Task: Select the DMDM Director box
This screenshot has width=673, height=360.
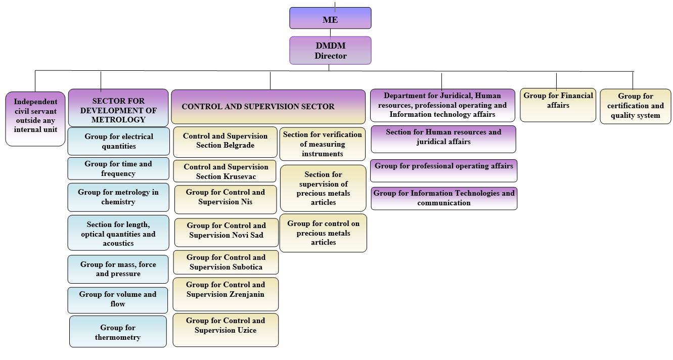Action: (330, 51)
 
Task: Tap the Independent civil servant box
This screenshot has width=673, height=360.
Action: (35, 119)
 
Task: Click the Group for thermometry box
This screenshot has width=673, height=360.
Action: (118, 332)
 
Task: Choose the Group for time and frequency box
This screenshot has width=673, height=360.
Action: (118, 168)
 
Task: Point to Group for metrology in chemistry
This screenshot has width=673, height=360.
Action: (118, 197)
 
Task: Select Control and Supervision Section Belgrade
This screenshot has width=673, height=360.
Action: (225, 141)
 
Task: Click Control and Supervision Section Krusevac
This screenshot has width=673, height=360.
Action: (226, 171)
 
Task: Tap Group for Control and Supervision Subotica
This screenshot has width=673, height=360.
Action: (226, 262)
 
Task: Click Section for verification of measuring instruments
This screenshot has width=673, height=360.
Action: (322, 144)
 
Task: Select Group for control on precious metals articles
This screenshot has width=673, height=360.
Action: (323, 233)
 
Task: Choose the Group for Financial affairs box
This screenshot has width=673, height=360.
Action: (558, 105)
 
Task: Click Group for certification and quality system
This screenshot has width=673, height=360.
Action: (635, 106)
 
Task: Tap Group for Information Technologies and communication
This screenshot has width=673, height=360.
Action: (443, 198)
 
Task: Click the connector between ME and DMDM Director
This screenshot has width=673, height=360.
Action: (330, 32)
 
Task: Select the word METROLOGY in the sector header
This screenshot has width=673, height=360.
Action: (118, 120)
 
